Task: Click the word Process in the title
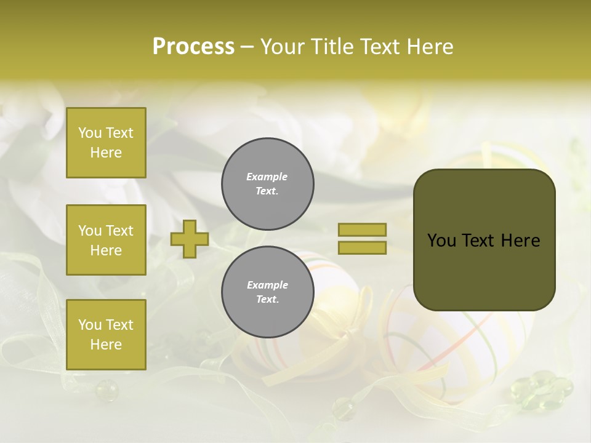(193, 47)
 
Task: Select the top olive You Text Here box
(106, 143)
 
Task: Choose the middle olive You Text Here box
(106, 240)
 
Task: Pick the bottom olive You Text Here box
(106, 335)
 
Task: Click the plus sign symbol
(190, 239)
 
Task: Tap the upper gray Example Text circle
(267, 184)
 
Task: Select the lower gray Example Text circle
(267, 292)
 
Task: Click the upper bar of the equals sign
(362, 229)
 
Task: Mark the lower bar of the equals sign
(362, 248)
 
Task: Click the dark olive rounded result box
(484, 240)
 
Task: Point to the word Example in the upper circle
(267, 177)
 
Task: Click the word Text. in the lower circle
(267, 300)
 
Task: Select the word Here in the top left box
(106, 153)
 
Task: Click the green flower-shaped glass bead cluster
(542, 389)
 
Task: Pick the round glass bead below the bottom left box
(105, 389)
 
